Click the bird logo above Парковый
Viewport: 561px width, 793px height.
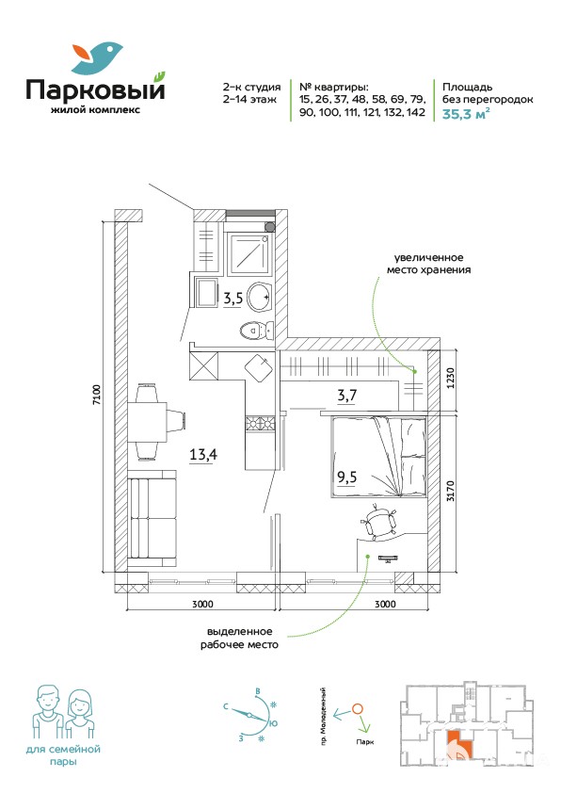(97, 57)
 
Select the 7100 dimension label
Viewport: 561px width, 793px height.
(97, 395)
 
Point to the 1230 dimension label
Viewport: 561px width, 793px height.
(450, 378)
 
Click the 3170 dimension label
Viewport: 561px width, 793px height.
(450, 490)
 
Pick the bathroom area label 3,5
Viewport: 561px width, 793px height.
(233, 299)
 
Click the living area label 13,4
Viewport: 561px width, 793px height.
(203, 454)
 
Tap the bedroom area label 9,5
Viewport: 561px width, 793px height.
(346, 477)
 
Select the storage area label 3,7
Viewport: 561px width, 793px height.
(347, 395)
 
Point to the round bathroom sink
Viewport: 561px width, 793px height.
(260, 299)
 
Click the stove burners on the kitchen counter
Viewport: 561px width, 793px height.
(261, 423)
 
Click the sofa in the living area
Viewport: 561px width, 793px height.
(152, 518)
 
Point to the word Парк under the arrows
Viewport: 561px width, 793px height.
(364, 742)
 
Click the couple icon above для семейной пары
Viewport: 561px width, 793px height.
(63, 713)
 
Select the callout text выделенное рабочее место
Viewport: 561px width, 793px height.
(240, 639)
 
